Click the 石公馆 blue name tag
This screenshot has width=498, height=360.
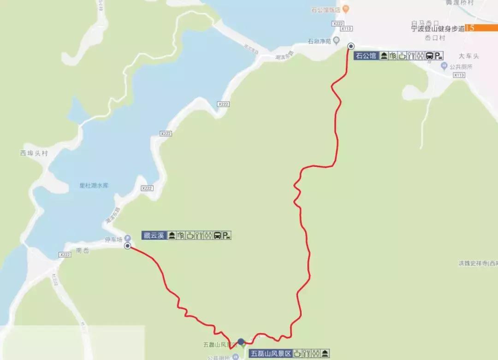pyautogui.click(x=366, y=56)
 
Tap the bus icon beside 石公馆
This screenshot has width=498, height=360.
pyautogui.click(x=429, y=56)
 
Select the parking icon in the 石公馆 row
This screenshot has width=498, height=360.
pyautogui.click(x=439, y=56)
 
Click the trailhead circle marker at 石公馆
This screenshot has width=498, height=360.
pyautogui.click(x=351, y=46)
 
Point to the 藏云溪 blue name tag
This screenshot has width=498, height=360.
pyautogui.click(x=154, y=236)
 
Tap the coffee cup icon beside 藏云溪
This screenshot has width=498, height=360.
pyautogui.click(x=190, y=236)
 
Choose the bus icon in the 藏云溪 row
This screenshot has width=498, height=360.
pyautogui.click(x=217, y=236)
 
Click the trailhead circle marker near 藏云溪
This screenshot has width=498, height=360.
pyautogui.click(x=127, y=246)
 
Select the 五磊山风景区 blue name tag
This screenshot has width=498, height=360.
pyautogui.click(x=271, y=354)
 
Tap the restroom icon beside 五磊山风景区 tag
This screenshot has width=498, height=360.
pyautogui.click(x=316, y=354)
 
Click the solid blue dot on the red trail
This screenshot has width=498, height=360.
pyautogui.click(x=241, y=342)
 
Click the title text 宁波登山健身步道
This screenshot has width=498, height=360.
pyautogui.click(x=438, y=29)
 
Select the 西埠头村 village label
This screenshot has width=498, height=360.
pyautogui.click(x=34, y=153)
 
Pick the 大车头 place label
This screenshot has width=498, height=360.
pyautogui.click(x=469, y=56)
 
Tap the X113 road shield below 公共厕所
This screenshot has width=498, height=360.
pyautogui.click(x=458, y=75)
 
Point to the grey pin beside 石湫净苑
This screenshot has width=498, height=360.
pyautogui.click(x=337, y=41)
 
